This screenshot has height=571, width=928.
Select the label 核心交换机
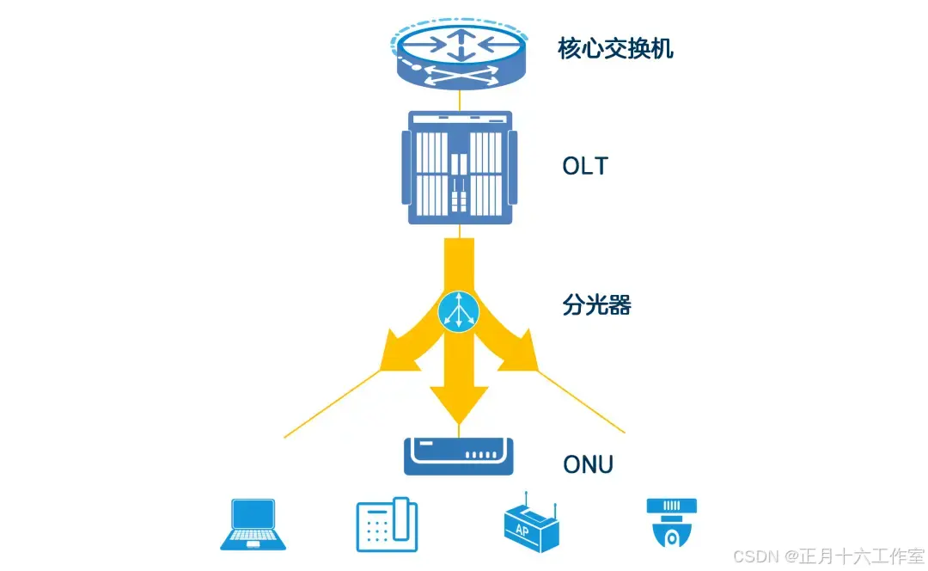615,48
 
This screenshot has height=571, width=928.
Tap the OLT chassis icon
460,169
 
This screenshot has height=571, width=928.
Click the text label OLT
584,166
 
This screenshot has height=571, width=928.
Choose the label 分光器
596,304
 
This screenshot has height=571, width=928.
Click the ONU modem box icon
460,455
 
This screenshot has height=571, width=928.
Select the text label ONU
588,465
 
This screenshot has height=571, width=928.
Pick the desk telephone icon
387,524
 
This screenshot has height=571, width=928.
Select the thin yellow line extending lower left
331,404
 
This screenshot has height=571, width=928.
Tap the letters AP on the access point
522,530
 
